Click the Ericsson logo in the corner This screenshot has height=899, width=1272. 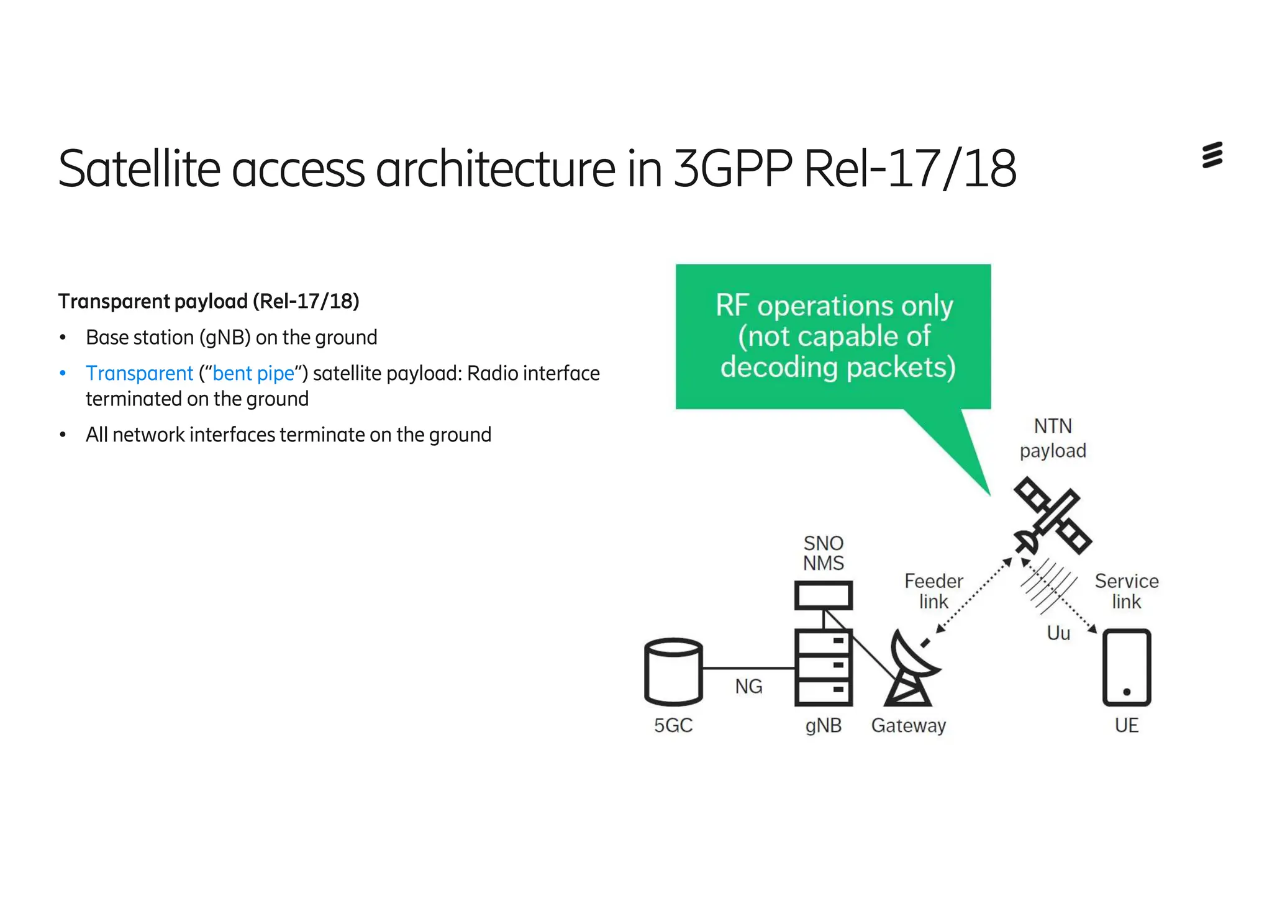tap(1212, 155)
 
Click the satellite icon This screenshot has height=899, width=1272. tap(1052, 515)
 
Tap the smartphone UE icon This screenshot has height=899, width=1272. tap(1127, 667)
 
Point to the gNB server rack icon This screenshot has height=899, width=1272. tap(824, 668)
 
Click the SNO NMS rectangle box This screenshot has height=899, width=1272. tap(824, 596)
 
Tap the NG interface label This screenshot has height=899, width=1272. tap(748, 686)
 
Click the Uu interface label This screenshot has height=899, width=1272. tap(1058, 633)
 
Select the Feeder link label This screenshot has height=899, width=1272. tap(934, 591)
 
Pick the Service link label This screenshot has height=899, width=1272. tap(1127, 591)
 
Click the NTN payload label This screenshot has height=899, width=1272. tap(1053, 438)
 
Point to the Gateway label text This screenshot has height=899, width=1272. tap(908, 725)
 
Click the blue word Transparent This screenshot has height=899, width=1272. tap(140, 373)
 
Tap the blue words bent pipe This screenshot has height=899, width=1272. tap(253, 373)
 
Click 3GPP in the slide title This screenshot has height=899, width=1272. tap(733, 168)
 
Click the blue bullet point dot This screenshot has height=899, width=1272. tap(63, 373)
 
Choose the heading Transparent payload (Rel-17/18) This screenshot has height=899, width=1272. tap(209, 301)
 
